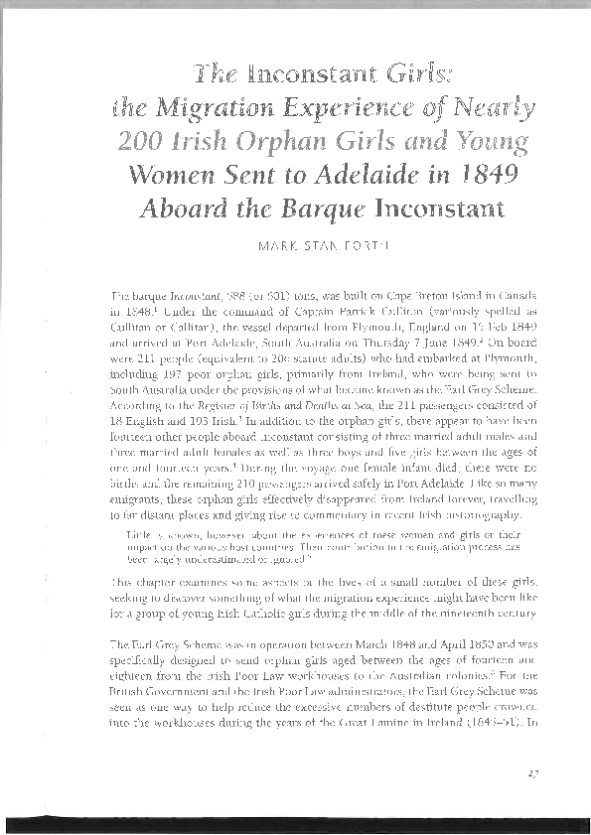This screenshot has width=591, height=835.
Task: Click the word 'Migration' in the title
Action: coord(273,106)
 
